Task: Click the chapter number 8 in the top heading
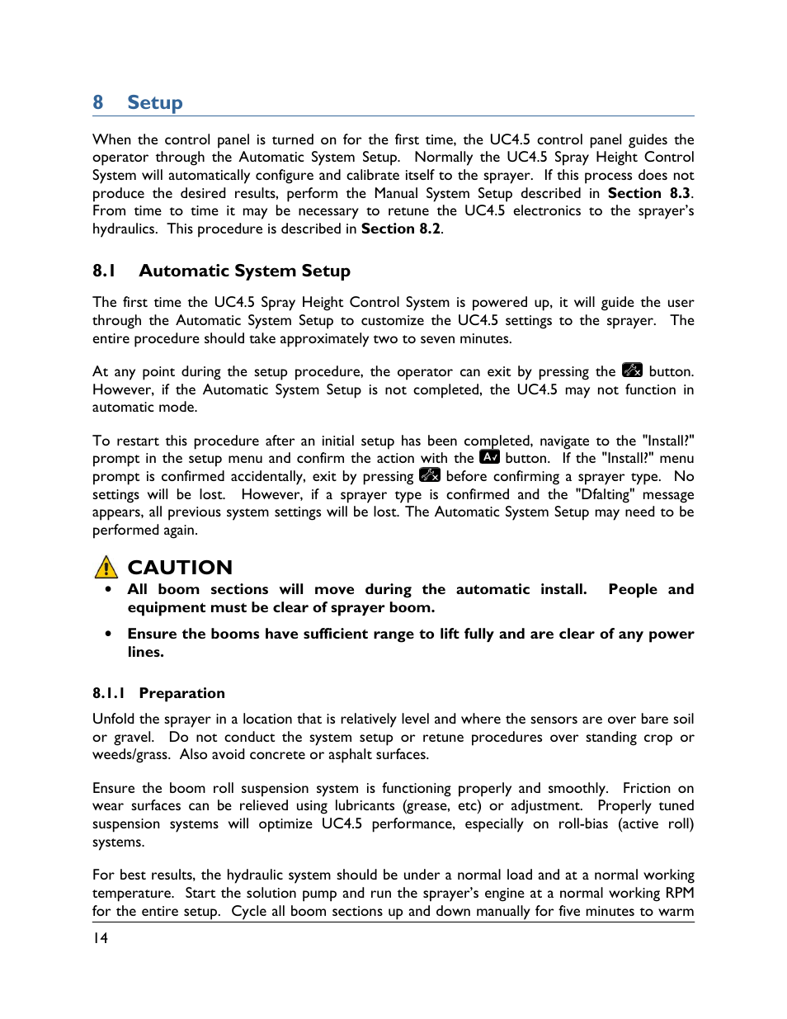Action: pos(98,102)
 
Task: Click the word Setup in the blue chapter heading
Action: pos(155,102)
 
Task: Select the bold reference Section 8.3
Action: pos(648,193)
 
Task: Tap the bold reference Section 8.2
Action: pos(401,229)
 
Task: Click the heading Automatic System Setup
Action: pos(244,271)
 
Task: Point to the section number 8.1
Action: pos(104,271)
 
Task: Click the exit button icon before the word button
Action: pos(632,370)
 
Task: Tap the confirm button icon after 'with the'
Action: pos(490,457)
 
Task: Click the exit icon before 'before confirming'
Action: pos(430,475)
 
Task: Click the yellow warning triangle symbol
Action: pos(106,567)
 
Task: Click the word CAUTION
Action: pos(180,568)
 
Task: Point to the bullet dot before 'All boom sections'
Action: pos(108,589)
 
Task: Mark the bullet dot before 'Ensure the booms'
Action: pos(108,634)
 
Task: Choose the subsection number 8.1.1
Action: pos(108,693)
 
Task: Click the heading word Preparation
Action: pos(181,693)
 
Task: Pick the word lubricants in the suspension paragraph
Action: pos(365,805)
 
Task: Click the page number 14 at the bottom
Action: pos(100,938)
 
